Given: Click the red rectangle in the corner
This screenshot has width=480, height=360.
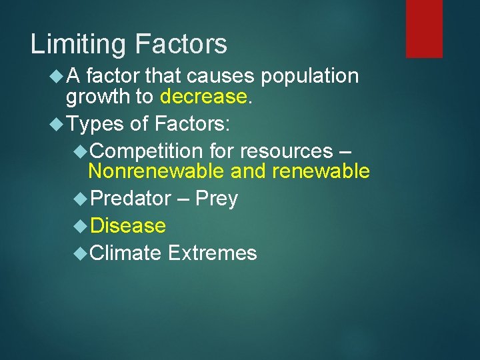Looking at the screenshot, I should [x=424, y=28].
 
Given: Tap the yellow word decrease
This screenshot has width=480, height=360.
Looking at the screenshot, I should [x=203, y=97].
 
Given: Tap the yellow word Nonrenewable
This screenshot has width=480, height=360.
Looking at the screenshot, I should [x=156, y=171].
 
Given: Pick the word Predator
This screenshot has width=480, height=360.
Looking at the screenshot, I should [x=131, y=198].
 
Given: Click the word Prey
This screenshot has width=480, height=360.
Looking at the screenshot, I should [x=216, y=198].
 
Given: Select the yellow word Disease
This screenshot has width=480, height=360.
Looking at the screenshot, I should [x=128, y=225].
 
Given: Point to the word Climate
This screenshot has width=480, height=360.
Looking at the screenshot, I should [x=126, y=253].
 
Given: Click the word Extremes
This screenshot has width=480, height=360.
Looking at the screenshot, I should [x=213, y=253].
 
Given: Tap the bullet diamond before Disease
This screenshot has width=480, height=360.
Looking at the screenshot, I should [x=81, y=225].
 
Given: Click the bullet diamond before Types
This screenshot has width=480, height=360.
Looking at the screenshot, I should [x=57, y=123].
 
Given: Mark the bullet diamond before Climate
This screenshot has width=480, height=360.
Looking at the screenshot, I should [x=81, y=253].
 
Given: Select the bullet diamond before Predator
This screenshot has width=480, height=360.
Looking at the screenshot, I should [x=81, y=198].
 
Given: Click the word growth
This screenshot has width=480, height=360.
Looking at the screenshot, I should [x=97, y=97].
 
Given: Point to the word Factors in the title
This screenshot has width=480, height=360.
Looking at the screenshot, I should [x=181, y=45].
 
